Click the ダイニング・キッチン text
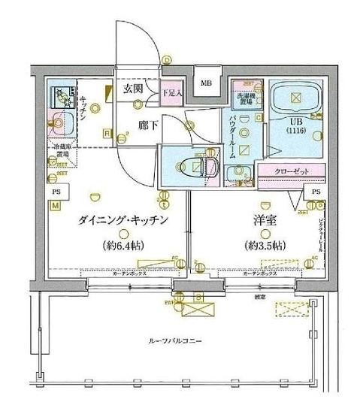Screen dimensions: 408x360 [121, 219]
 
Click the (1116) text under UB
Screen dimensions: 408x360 [296, 131]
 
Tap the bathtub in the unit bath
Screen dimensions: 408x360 [295, 95]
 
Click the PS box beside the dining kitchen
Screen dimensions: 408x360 [56, 192]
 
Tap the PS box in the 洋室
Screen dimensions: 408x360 [316, 192]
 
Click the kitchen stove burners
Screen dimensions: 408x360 [59, 96]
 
